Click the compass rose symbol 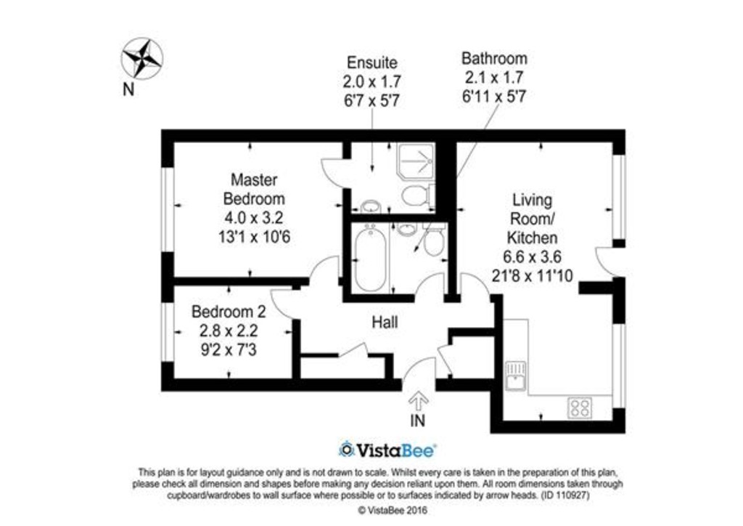142,59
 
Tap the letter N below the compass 128,89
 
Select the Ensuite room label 372,62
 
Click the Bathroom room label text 494,58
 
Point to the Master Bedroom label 254,189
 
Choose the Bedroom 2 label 229,312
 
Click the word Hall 385,323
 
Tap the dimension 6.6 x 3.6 532,256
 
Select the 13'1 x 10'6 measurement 254,236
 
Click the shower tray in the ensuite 416,161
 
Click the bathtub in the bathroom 371,259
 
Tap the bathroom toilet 434,240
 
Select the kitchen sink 516,376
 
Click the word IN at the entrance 417,420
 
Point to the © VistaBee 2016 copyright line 392,510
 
